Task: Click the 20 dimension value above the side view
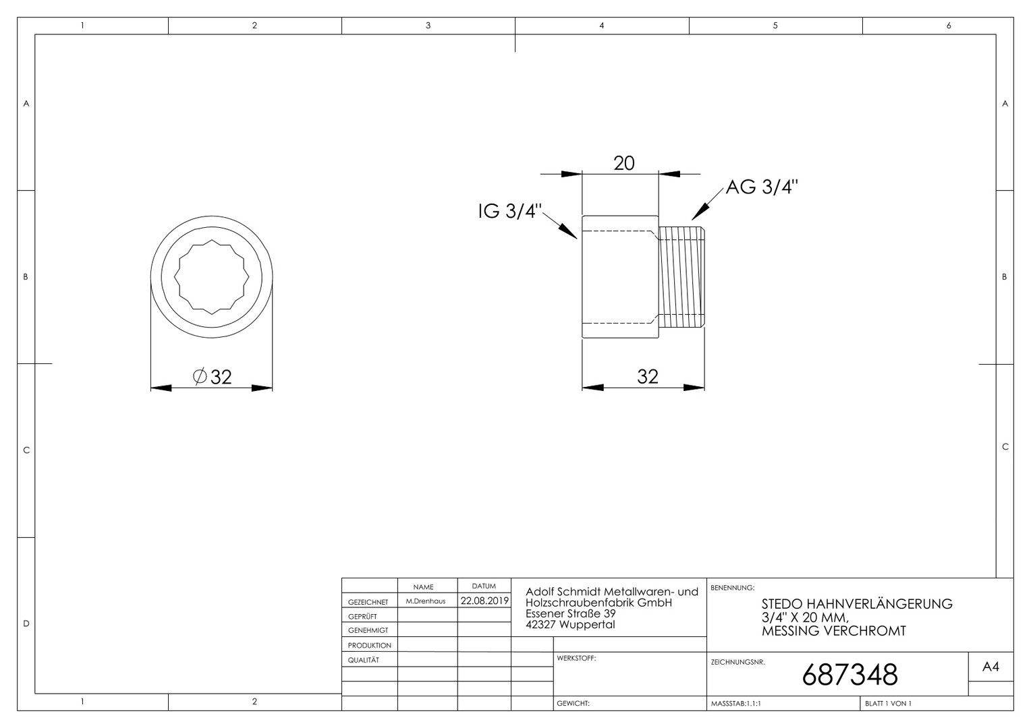coord(623,163)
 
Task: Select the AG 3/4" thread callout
coord(762,187)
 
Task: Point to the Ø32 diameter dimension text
coord(212,377)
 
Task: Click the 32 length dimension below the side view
coord(648,377)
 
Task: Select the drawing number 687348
coord(849,675)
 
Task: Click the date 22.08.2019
coord(484,601)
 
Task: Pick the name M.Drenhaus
coord(425,601)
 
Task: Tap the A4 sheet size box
coord(991,667)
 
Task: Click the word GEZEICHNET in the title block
coord(368,602)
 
